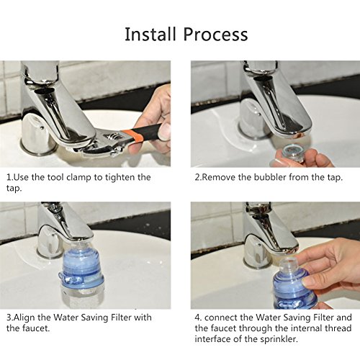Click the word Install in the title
150,34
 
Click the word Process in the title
215,35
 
